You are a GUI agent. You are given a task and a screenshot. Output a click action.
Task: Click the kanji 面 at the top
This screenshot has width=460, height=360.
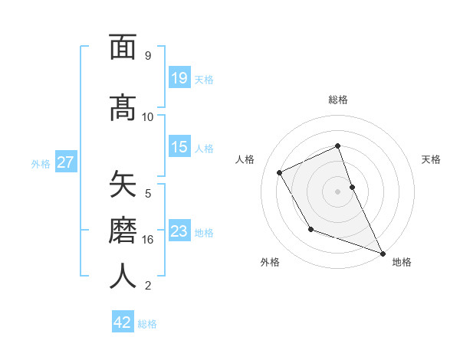[123, 47]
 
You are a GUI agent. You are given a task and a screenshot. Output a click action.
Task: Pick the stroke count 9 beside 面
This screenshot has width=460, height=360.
[148, 56]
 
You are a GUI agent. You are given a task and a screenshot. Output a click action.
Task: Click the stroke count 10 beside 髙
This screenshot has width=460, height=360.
[148, 116]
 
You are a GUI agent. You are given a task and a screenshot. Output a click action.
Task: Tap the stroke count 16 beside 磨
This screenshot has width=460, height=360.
[148, 240]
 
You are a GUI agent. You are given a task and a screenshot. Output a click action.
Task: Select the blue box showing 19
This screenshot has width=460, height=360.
[179, 77]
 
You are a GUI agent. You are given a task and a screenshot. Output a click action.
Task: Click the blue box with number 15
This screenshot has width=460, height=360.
[179, 147]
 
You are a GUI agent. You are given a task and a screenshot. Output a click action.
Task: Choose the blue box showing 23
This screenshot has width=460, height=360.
[179, 231]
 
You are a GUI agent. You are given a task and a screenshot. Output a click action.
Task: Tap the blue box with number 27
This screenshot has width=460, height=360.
[66, 162]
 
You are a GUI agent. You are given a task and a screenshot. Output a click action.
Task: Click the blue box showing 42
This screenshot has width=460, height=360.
[123, 322]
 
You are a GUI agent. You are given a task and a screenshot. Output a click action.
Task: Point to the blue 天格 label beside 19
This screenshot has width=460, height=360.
[204, 79]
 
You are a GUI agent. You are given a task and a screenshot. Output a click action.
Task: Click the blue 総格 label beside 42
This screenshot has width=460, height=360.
[147, 324]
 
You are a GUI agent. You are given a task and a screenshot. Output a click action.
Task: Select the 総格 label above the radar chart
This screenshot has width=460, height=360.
[338, 100]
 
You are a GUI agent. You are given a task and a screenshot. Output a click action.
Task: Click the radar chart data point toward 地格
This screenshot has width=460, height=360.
[383, 254]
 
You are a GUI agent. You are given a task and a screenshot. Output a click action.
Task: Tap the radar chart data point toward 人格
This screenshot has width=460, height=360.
[280, 173]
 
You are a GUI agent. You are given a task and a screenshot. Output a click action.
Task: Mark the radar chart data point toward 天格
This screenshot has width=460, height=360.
[352, 187]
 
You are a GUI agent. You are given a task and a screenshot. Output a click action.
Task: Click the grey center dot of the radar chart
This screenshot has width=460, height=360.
[337, 191]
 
